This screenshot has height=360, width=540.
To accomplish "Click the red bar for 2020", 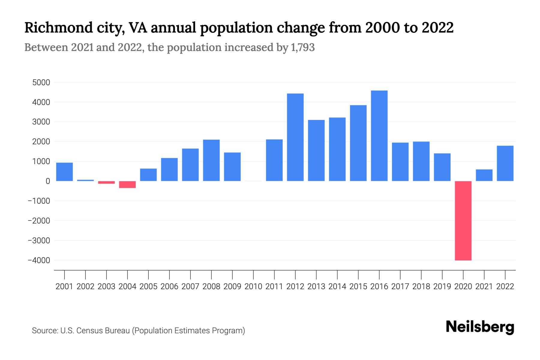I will [463, 220].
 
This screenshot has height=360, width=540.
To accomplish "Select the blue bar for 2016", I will [379, 136].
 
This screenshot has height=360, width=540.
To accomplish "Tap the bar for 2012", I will [295, 137].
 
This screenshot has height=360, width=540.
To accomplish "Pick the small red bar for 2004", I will [127, 184].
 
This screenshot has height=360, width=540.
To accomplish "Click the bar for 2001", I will [64, 172].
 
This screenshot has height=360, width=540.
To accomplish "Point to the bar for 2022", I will [505, 163].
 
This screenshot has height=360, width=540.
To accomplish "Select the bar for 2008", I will [211, 160].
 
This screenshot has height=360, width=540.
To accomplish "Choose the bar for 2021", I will [484, 175].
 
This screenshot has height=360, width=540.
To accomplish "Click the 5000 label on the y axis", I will [41, 82].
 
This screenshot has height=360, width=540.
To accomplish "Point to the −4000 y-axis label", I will [39, 260].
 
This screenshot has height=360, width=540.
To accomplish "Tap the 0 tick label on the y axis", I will [48, 181].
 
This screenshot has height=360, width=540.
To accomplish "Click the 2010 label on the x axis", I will [253, 286].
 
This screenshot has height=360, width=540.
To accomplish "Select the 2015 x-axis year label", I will [358, 286].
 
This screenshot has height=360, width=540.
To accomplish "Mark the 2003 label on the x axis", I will [106, 286].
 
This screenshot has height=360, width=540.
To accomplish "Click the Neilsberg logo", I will [480, 327].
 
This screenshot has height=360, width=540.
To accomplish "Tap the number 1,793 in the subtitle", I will [303, 47].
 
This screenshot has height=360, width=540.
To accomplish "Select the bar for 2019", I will [442, 167].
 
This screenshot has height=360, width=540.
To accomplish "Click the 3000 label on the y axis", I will [41, 122].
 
